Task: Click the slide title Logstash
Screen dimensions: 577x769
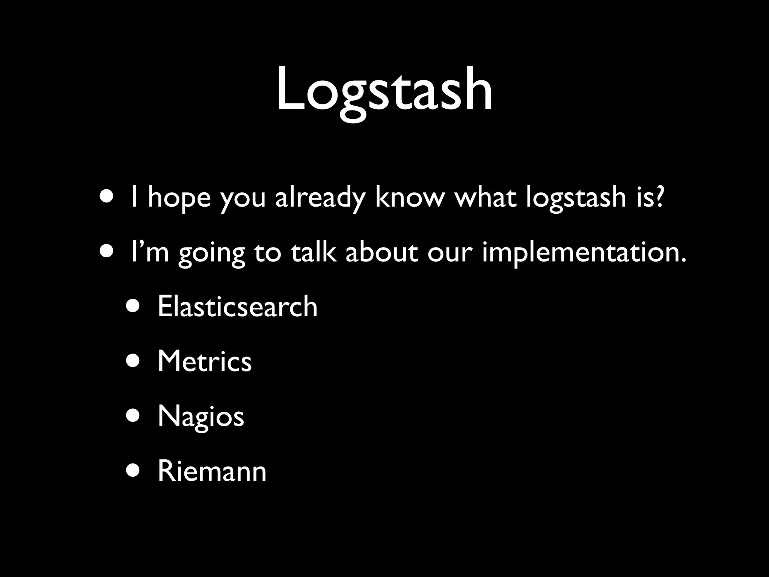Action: click(384, 90)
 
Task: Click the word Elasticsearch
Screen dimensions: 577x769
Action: click(237, 307)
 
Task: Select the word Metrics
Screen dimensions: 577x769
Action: click(204, 361)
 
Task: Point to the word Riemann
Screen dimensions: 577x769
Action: click(212, 471)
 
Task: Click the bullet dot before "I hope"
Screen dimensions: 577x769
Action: click(107, 197)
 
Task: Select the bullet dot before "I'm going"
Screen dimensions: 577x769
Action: click(107, 252)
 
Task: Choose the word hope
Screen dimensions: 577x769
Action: click(179, 198)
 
